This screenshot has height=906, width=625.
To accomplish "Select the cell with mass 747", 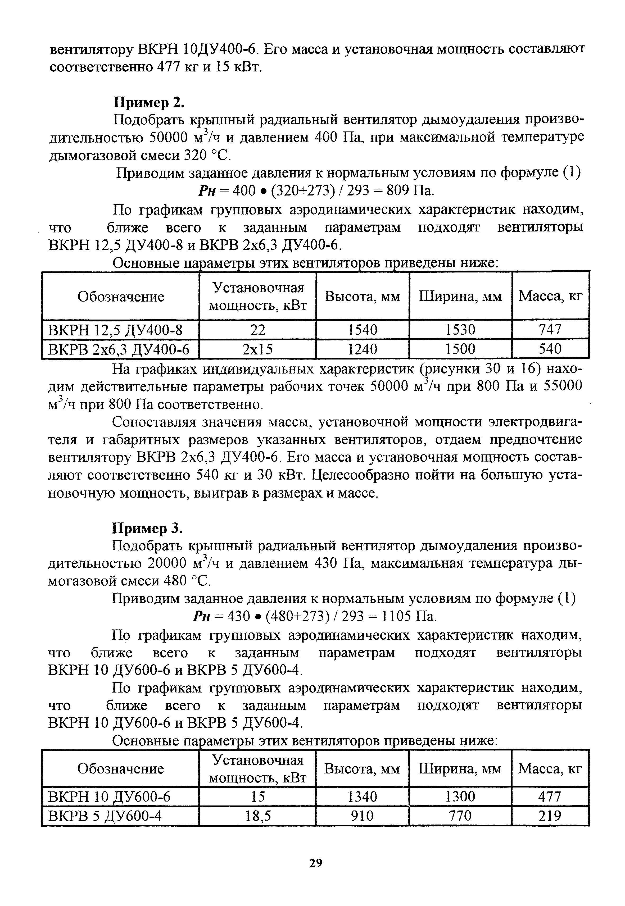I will pyautogui.click(x=550, y=329).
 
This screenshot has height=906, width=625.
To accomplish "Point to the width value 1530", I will pyautogui.click(x=460, y=329).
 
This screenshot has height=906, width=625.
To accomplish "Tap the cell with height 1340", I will pyautogui.click(x=362, y=797).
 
